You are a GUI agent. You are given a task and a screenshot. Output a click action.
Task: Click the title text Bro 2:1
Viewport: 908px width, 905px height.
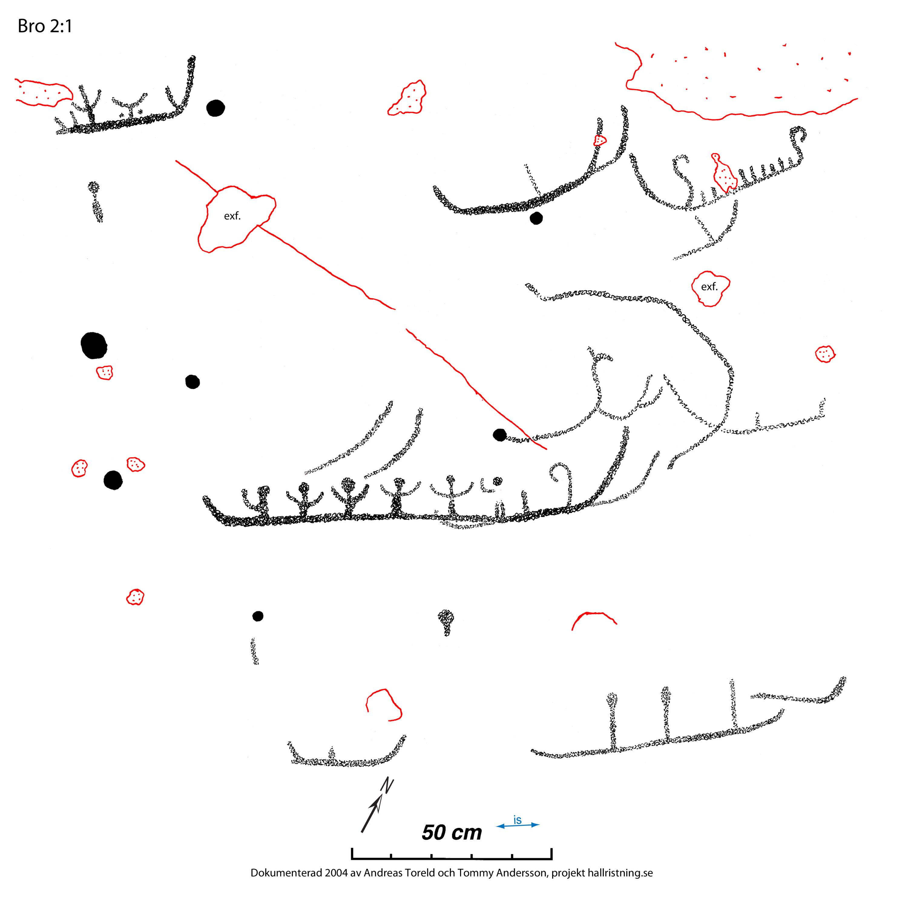coord(45,27)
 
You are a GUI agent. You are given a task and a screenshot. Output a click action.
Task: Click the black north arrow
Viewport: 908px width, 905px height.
coord(377,806)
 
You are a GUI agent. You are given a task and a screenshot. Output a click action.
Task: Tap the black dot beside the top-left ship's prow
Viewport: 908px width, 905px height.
coord(215,108)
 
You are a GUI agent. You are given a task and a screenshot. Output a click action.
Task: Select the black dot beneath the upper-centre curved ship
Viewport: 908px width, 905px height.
coord(536,218)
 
